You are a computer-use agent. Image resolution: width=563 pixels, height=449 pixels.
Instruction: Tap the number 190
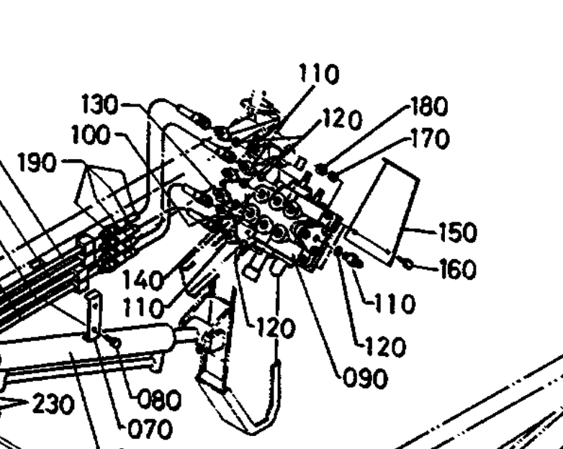pos(37,163)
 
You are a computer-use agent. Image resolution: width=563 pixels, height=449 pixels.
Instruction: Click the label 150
pos(457,233)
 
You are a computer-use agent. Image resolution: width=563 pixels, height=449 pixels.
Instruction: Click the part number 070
pos(152,430)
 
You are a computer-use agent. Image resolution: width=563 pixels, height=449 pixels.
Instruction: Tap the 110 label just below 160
pos(395,305)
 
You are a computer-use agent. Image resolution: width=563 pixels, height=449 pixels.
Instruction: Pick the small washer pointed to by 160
pos(408,264)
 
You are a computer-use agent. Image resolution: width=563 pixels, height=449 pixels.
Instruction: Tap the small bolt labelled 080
pos(113,340)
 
